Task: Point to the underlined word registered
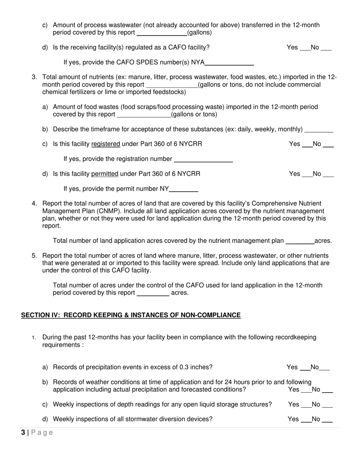coord(106,144)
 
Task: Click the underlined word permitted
coord(105,174)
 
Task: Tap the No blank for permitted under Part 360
coord(328,175)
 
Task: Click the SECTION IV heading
coord(131,315)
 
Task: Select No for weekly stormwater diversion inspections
coord(327,420)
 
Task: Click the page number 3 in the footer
coord(23,433)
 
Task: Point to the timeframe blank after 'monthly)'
coord(319,130)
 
